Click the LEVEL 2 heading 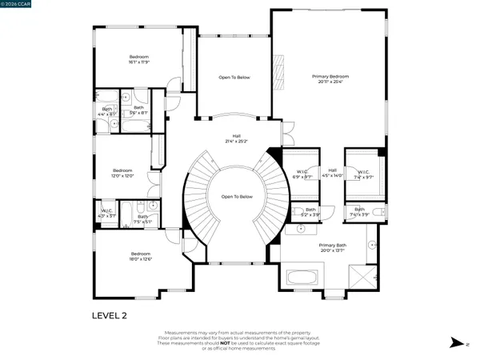coord(110,315)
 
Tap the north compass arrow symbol coord(455,342)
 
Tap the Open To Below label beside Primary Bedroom coord(234,78)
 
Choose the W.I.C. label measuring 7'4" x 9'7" coord(362,174)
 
